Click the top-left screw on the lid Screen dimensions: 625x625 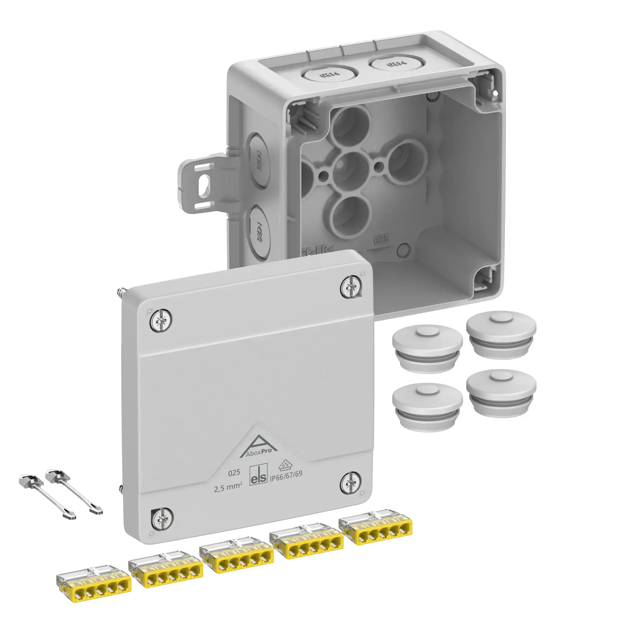pyautogui.click(x=161, y=320)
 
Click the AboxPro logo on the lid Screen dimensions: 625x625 pyautogui.click(x=258, y=448)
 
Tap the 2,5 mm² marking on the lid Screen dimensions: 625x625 pyautogui.click(x=228, y=487)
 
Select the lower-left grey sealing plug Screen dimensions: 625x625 pyautogui.click(x=427, y=407)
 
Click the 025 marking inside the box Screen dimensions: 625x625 pyautogui.click(x=382, y=240)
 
